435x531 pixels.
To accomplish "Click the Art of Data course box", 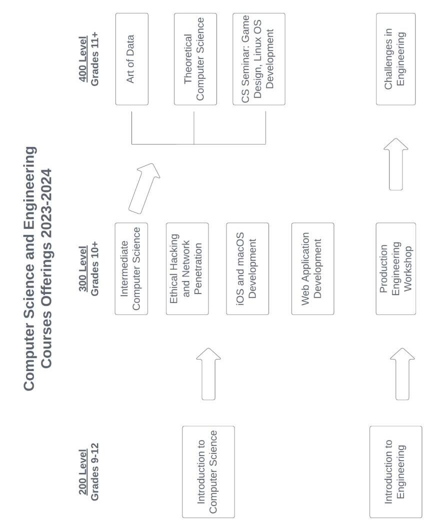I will [131, 59].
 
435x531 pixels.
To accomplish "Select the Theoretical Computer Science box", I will [195, 59].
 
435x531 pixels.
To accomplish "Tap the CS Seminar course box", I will [258, 59].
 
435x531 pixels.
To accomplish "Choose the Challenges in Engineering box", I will [395, 59].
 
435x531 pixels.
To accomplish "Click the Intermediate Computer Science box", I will [131, 268].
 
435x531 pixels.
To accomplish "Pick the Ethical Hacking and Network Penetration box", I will [187, 268].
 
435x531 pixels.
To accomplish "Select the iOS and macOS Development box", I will [247, 268].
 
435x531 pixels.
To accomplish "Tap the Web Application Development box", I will [312, 268].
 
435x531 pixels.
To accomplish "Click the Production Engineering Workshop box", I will [395, 268].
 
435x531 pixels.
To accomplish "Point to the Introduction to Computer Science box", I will [208, 471].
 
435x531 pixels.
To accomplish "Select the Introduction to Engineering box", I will [395, 471].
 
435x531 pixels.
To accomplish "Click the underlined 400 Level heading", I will [83, 59].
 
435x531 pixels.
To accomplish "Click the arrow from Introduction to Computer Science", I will [208, 373].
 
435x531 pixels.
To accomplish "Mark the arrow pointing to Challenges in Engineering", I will [395, 164].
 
